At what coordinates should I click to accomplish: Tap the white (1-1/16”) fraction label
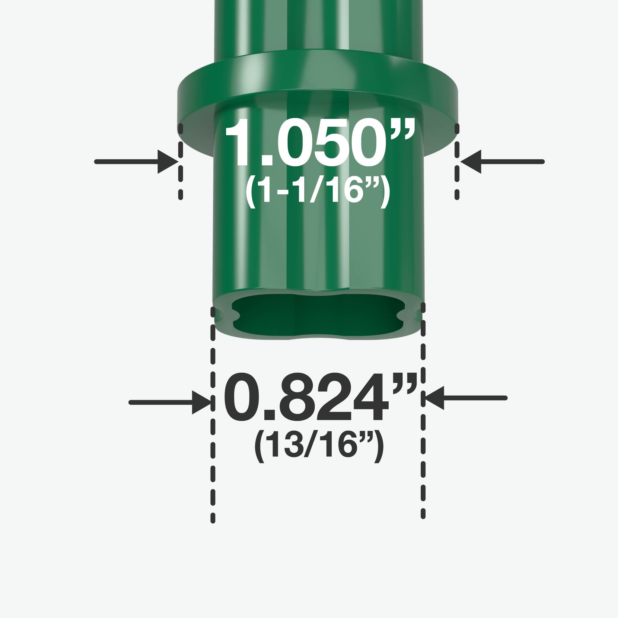[317, 191]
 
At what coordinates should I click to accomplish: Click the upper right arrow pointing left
[502, 162]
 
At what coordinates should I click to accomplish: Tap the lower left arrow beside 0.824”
[170, 403]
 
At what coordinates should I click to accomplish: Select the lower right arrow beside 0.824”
[465, 398]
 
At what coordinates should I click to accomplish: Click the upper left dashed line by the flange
[180, 161]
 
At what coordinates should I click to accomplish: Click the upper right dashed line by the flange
[457, 161]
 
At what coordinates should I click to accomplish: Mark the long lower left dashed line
[213, 416]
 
